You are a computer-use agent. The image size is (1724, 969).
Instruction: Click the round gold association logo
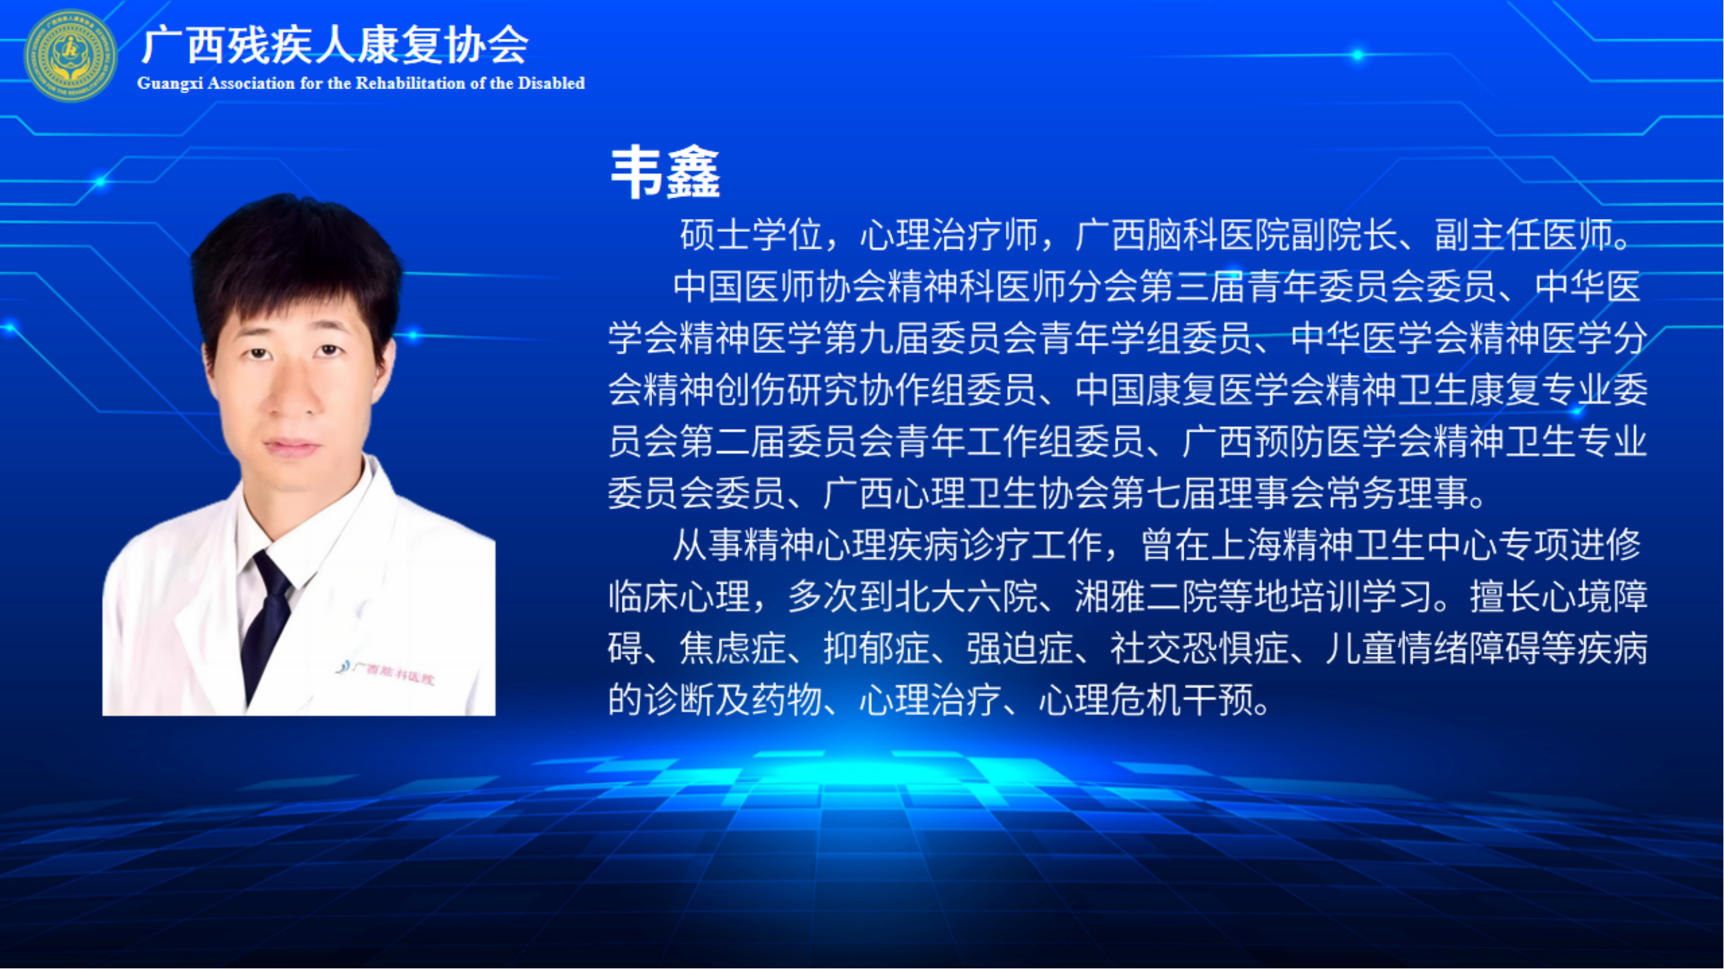tap(70, 56)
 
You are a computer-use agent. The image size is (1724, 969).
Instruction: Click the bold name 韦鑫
tap(665, 172)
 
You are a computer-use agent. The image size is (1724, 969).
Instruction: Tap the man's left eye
tap(328, 349)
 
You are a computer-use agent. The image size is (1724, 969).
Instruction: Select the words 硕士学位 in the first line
tap(751, 234)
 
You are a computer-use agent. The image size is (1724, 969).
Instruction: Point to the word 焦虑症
tap(733, 648)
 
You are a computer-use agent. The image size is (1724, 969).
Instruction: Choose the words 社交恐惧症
tap(1199, 648)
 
